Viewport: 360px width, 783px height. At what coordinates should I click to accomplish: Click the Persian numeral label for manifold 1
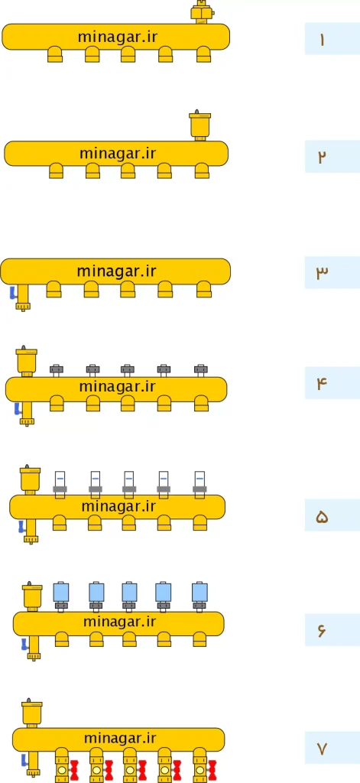click(322, 40)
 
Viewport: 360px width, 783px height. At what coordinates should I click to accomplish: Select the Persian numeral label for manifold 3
click(322, 272)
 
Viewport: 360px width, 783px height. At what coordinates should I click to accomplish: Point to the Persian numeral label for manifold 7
click(322, 749)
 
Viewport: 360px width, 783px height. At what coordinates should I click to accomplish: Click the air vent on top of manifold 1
click(203, 12)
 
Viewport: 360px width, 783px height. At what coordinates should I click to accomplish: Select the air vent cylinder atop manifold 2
click(199, 125)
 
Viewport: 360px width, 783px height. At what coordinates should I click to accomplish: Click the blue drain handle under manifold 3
click(14, 294)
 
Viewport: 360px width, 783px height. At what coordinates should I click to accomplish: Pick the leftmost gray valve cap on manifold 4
click(57, 370)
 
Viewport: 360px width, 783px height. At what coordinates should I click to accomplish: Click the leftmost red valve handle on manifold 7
click(75, 770)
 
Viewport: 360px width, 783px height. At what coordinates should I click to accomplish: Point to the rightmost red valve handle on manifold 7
click(212, 770)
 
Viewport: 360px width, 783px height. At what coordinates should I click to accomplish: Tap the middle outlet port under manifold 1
click(128, 54)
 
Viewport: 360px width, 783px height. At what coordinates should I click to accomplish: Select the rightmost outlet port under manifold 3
click(204, 289)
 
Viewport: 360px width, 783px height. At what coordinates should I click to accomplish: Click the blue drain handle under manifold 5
click(21, 526)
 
